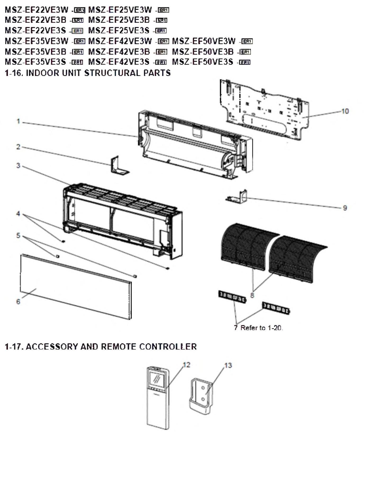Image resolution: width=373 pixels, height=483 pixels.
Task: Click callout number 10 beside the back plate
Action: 345,111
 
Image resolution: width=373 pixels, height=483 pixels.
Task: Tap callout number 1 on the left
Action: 18,121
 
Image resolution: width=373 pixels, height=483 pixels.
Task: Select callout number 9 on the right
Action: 345,208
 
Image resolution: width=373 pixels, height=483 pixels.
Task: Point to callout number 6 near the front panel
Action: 18,301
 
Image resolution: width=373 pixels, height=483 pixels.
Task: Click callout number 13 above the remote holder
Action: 228,365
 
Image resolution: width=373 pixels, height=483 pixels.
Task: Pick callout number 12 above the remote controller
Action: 187,365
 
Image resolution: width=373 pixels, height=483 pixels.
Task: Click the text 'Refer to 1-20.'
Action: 261,328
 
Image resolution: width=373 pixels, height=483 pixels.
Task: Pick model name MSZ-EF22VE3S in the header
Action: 35,30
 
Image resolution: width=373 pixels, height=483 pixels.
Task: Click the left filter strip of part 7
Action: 232,297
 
